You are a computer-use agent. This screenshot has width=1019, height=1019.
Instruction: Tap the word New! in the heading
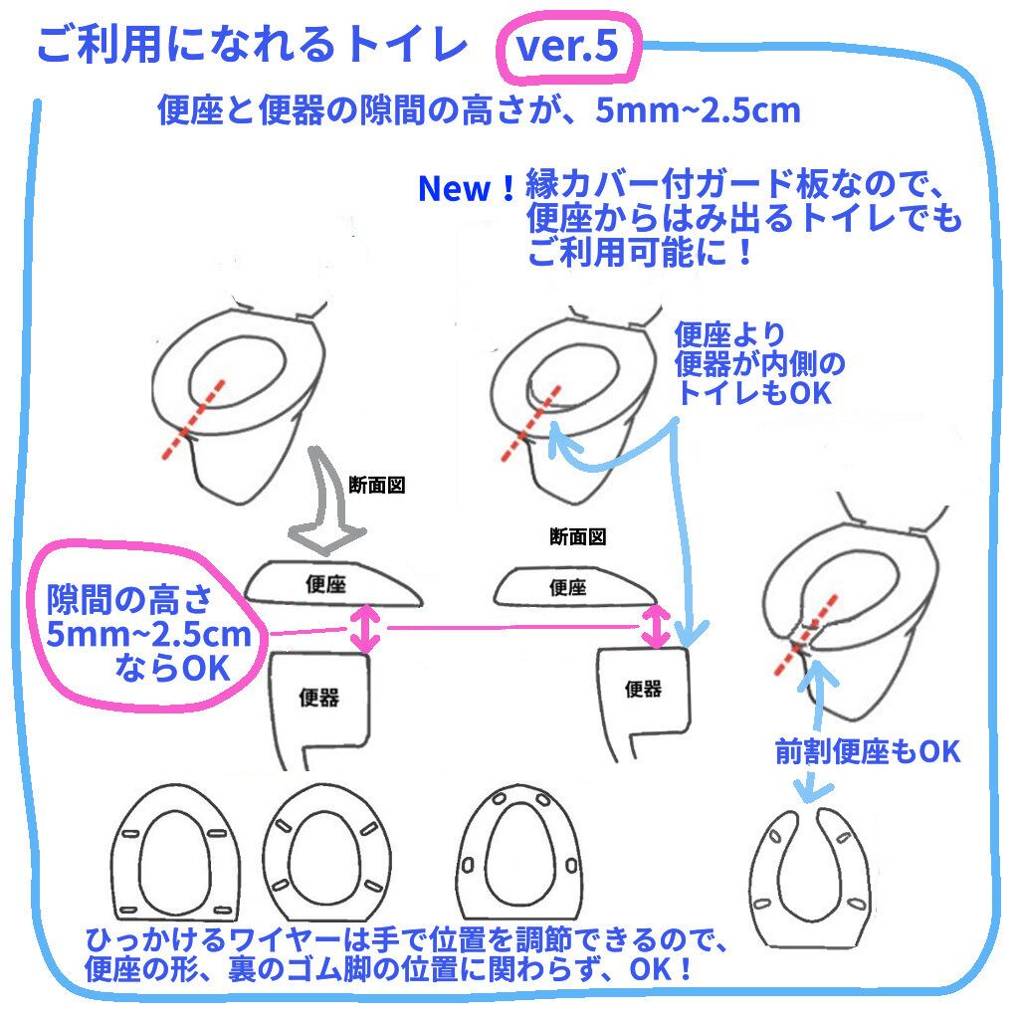(x=467, y=189)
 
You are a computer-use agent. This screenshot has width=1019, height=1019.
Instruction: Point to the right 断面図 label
(x=577, y=536)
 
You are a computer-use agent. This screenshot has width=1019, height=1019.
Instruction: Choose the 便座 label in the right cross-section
(x=566, y=586)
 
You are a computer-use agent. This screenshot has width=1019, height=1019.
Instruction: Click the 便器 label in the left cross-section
(x=318, y=697)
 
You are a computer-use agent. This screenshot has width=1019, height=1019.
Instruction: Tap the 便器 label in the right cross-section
(x=642, y=688)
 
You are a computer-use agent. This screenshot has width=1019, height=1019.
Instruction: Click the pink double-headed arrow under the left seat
(x=365, y=628)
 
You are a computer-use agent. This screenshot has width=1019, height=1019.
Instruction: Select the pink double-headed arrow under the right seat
(x=654, y=625)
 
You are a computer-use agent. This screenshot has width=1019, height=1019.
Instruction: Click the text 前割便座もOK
(x=868, y=751)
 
